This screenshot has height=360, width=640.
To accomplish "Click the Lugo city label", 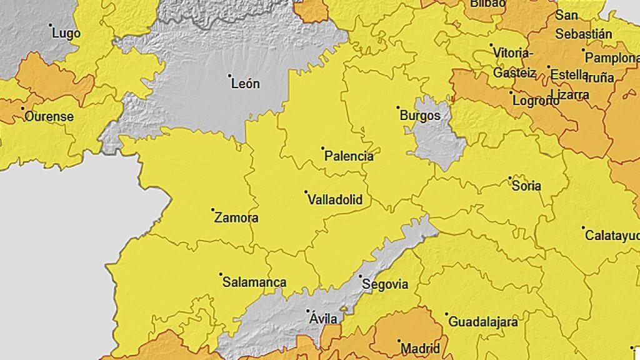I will pyautogui.click(x=66, y=34).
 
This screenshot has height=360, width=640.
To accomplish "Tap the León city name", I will pyautogui.click(x=245, y=84).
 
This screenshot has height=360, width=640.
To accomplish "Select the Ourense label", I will pyautogui.click(x=49, y=116).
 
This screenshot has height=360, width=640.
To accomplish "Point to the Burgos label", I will pyautogui.click(x=419, y=116).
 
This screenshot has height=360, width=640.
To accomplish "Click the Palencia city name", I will pyautogui.click(x=349, y=156).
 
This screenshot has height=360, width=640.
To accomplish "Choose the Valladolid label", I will pyautogui.click(x=335, y=200).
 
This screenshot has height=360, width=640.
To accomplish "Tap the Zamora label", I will pyautogui.click(x=236, y=218).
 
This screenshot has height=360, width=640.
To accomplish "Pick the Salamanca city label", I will pyautogui.click(x=254, y=282).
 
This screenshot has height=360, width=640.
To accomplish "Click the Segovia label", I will pyautogui.click(x=385, y=284).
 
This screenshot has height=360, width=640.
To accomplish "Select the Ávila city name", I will pyautogui.click(x=323, y=319).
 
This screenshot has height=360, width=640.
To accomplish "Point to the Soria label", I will pyautogui.click(x=526, y=186).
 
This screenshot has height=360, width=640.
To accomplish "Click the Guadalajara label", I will pyautogui.click(x=482, y=322).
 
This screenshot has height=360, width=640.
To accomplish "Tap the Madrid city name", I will pyautogui.click(x=420, y=348).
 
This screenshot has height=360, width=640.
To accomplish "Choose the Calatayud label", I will pyautogui.click(x=612, y=236).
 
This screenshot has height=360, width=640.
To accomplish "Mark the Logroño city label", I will pyautogui.click(x=535, y=100).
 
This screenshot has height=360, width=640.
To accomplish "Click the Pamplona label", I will pyautogui.click(x=611, y=58).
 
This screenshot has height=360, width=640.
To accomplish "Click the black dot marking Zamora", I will pyautogui.click(x=212, y=210).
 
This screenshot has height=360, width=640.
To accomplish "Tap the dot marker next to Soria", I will pyautogui.click(x=509, y=177).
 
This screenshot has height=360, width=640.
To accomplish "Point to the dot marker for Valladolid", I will pyautogui.click(x=306, y=192).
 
